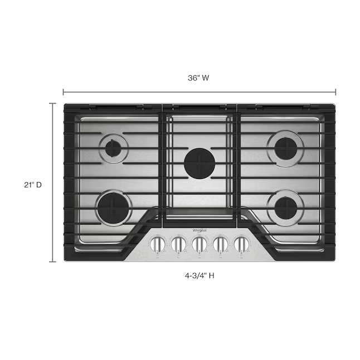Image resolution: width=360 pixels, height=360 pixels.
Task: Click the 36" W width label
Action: [198, 79]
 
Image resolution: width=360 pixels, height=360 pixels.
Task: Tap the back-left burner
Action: [114, 148]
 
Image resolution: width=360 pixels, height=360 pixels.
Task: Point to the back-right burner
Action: [284, 148]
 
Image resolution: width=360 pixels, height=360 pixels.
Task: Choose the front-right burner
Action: [284, 208]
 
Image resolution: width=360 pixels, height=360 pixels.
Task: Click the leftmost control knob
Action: [158, 244]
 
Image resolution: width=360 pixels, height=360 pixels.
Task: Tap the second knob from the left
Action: [178, 244]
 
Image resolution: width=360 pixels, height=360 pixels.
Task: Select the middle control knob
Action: [200, 244]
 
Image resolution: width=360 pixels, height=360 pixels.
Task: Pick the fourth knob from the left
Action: [221, 244]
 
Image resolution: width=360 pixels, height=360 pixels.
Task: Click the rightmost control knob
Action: [241, 244]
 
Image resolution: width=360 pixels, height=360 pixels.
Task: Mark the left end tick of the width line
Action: [63, 92]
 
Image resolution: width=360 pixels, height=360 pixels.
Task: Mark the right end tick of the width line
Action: [336, 92]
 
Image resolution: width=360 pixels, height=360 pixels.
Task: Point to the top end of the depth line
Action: [53, 104]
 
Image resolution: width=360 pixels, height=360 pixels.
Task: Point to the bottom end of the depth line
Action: [53, 261]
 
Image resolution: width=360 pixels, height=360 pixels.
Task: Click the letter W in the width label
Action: [206, 79]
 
